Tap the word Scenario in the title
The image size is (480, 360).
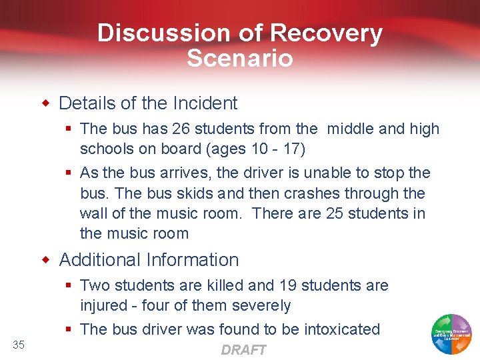pyautogui.click(x=240, y=59)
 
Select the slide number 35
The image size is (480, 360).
pyautogui.click(x=19, y=345)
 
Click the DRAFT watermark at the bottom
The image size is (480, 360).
pyautogui.click(x=243, y=350)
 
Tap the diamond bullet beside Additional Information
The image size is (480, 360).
pyautogui.click(x=46, y=260)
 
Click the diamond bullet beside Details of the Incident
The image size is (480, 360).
pyautogui.click(x=46, y=103)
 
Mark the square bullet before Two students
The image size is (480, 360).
pyautogui.click(x=69, y=286)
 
